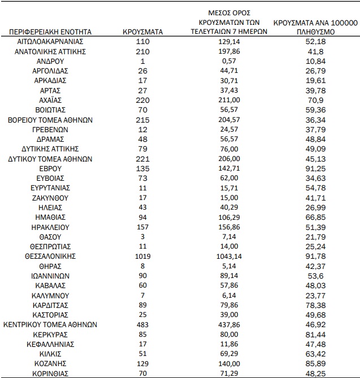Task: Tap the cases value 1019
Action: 142,257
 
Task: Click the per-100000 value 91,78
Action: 316,257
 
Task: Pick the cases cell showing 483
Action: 142,325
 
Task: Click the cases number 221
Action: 142,159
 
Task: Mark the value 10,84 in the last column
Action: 316,60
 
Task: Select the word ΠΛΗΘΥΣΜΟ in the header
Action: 316,32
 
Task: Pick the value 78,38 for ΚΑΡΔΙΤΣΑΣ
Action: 316,306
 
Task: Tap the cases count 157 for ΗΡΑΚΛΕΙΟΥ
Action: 142,227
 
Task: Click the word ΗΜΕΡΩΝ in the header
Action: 251,32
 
